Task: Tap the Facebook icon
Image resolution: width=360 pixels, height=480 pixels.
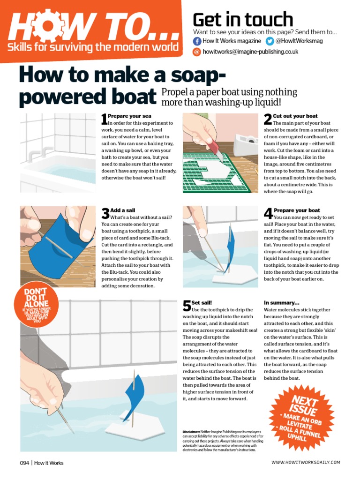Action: point(197,41)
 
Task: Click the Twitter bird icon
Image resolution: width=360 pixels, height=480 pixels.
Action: point(270,41)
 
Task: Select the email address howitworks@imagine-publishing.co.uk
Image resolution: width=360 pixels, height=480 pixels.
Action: point(250,52)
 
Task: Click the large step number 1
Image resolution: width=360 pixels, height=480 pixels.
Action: point(105,119)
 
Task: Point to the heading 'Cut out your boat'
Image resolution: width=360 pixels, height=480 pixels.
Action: point(295,116)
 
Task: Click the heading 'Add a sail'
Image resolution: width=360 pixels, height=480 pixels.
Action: point(122,210)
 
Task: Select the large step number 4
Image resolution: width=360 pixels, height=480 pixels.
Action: point(269,213)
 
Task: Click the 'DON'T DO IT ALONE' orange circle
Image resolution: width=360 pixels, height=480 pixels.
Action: point(36,304)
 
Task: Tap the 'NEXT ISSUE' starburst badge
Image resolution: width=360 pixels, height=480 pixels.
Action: point(301,418)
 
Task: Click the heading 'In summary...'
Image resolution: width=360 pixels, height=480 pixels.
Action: point(282,303)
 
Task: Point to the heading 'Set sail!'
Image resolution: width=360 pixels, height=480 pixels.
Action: point(202,303)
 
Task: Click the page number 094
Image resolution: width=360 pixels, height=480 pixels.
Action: point(24,463)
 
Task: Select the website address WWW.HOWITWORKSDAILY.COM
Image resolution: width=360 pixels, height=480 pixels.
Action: point(306,462)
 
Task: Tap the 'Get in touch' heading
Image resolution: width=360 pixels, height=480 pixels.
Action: point(243,20)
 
